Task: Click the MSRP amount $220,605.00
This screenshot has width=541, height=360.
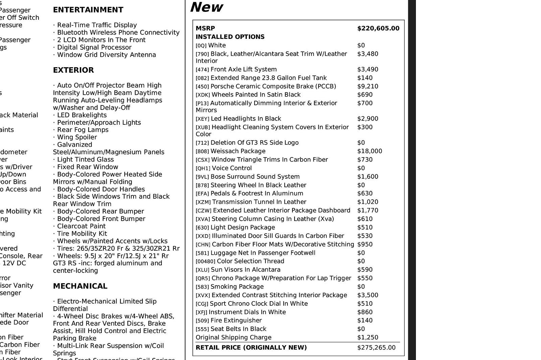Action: coord(378,28)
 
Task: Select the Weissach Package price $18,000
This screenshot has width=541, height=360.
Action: coord(370,151)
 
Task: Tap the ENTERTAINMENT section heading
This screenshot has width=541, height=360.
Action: coord(88,10)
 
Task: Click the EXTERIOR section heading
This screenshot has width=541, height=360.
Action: coord(73,70)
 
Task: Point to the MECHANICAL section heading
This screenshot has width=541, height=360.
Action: coord(80,286)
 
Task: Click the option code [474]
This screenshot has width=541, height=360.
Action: coord(202,70)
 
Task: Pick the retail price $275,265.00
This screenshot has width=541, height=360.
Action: coord(376,347)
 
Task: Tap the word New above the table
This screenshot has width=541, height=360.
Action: coord(206,7)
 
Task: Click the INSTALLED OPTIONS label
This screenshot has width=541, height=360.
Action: coord(230,37)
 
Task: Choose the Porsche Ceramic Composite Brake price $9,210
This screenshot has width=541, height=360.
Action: coord(368,86)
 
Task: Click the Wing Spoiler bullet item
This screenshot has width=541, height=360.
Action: coord(77,137)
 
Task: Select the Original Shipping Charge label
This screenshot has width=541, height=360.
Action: coord(233,337)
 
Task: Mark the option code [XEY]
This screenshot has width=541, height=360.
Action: coord(203,119)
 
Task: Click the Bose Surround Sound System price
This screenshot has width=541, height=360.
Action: coord(368,176)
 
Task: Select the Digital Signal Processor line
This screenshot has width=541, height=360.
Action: coord(94,47)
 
